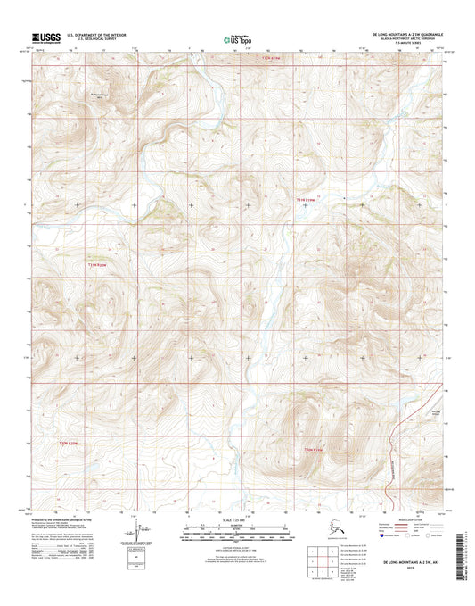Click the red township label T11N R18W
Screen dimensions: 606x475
coord(305,199)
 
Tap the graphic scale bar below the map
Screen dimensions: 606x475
coord(236,535)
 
